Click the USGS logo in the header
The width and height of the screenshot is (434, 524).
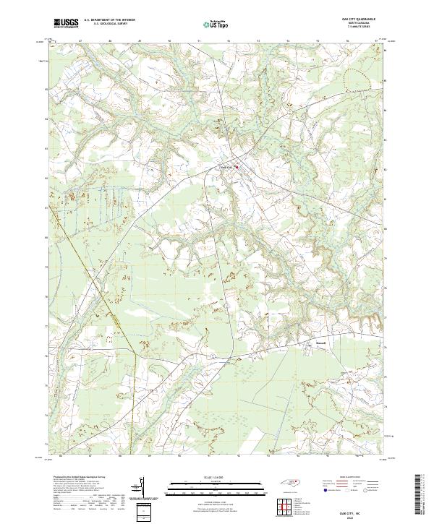(x=66, y=23)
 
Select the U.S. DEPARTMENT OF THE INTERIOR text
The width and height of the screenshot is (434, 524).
(x=109, y=20)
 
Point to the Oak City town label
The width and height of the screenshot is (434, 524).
(x=226, y=168)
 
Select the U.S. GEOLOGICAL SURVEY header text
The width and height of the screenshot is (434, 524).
(x=109, y=24)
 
